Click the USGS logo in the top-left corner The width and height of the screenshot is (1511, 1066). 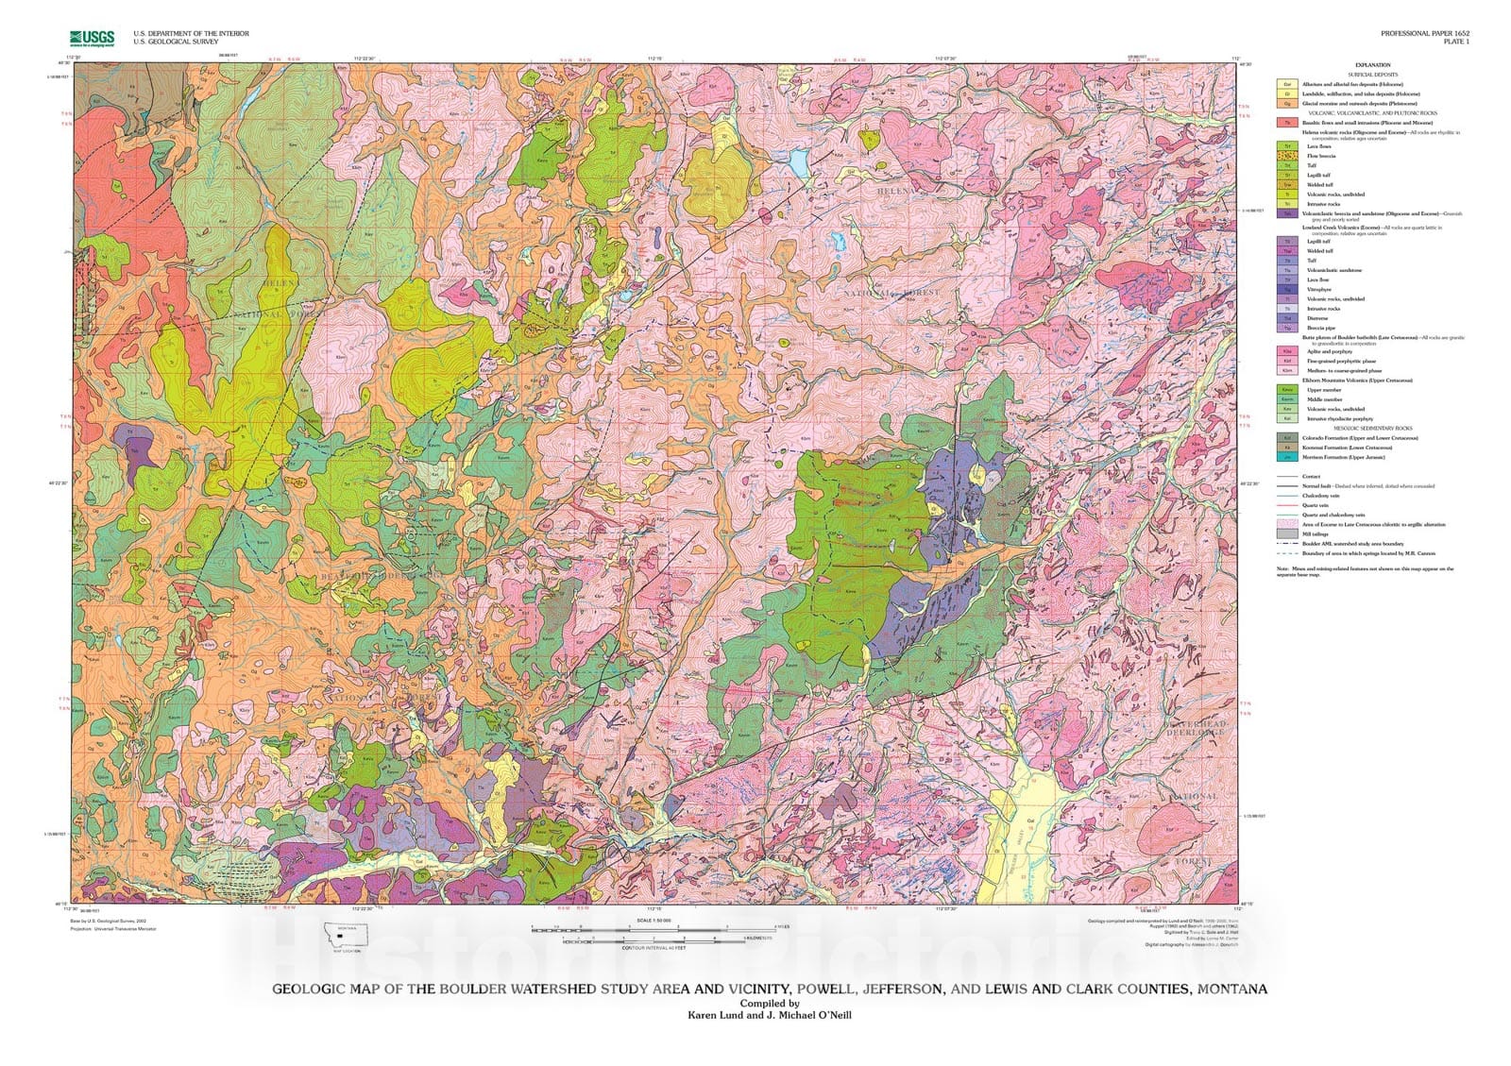(x=92, y=38)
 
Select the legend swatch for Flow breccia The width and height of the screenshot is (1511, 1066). (x=1286, y=156)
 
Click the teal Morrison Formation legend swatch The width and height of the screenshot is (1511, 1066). (x=1286, y=457)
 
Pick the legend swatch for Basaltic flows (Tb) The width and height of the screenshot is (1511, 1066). (x=1286, y=123)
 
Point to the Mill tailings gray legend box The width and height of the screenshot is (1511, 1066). (x=1286, y=533)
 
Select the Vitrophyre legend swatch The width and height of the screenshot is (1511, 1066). (x=1286, y=289)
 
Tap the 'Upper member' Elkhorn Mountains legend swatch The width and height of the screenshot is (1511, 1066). (x=1286, y=389)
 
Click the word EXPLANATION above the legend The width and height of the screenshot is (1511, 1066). (x=1371, y=65)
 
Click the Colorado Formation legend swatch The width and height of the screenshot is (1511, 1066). (x=1286, y=437)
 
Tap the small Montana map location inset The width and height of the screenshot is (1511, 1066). (x=346, y=935)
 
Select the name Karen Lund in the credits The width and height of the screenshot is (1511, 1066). (x=716, y=1016)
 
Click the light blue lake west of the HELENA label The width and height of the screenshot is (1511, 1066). (x=799, y=166)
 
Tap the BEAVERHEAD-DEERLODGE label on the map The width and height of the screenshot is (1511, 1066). (x=1196, y=728)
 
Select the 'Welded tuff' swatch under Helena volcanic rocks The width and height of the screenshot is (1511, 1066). (x=1286, y=185)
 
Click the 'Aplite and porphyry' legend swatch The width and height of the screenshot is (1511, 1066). (x=1286, y=351)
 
